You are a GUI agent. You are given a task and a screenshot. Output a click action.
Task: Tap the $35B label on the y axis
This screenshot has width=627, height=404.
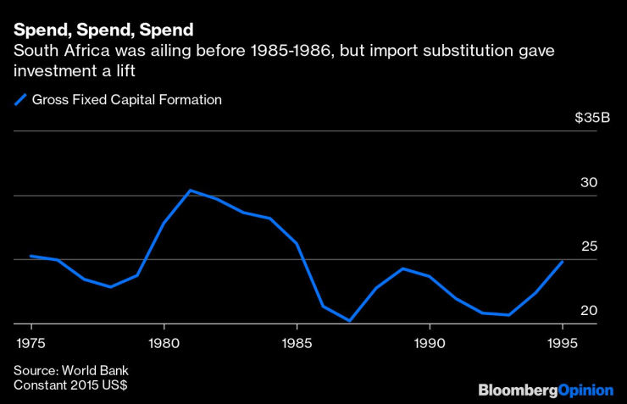[591, 118]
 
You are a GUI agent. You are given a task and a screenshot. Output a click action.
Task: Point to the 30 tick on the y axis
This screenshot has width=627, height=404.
[589, 182]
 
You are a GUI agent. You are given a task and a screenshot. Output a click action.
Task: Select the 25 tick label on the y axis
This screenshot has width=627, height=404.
[589, 246]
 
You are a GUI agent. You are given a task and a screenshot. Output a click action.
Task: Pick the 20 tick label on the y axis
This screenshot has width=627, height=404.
[589, 311]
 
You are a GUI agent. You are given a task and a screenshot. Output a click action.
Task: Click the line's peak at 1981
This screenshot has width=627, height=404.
[190, 191]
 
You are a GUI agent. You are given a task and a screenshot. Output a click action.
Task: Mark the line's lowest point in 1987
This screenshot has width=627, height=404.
[350, 321]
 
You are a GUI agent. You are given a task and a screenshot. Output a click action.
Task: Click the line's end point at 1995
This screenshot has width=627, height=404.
[563, 262]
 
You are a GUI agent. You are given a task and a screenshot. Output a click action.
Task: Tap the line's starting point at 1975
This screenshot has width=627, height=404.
[31, 256]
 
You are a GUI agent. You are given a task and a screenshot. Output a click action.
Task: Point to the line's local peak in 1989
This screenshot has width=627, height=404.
[403, 268]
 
